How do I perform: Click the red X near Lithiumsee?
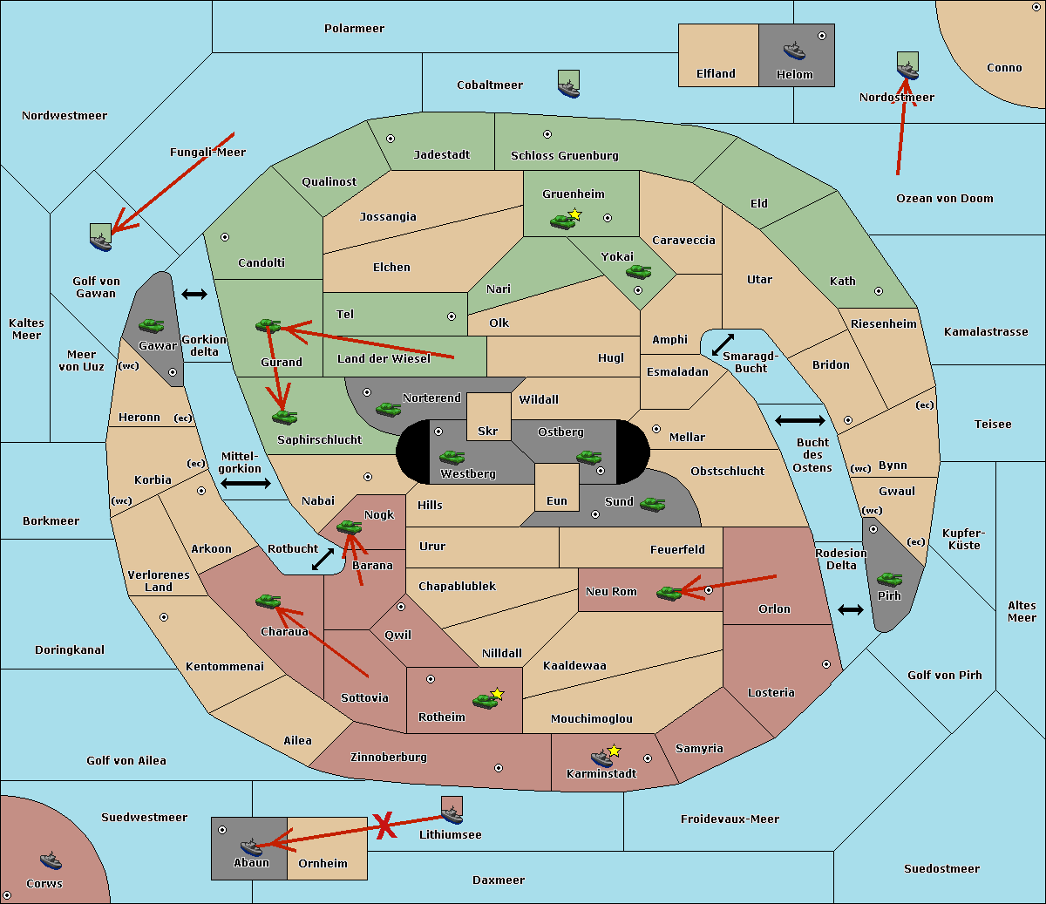(384, 826)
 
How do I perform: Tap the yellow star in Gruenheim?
(574, 214)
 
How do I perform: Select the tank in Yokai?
(639, 272)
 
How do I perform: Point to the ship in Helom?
(794, 50)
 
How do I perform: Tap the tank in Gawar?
(152, 325)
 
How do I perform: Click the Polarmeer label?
(354, 29)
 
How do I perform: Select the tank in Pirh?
(889, 579)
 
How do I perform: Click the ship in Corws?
(51, 861)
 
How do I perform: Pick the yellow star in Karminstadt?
(615, 750)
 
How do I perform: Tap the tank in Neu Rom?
(669, 593)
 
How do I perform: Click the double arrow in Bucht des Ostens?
(799, 421)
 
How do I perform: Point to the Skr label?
(488, 431)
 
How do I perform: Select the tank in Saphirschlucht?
(284, 418)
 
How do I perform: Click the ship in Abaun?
(251, 846)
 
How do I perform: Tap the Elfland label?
(716, 74)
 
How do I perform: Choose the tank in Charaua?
(268, 601)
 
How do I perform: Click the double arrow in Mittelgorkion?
(246, 483)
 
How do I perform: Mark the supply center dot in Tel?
(452, 316)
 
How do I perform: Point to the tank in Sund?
(653, 504)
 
